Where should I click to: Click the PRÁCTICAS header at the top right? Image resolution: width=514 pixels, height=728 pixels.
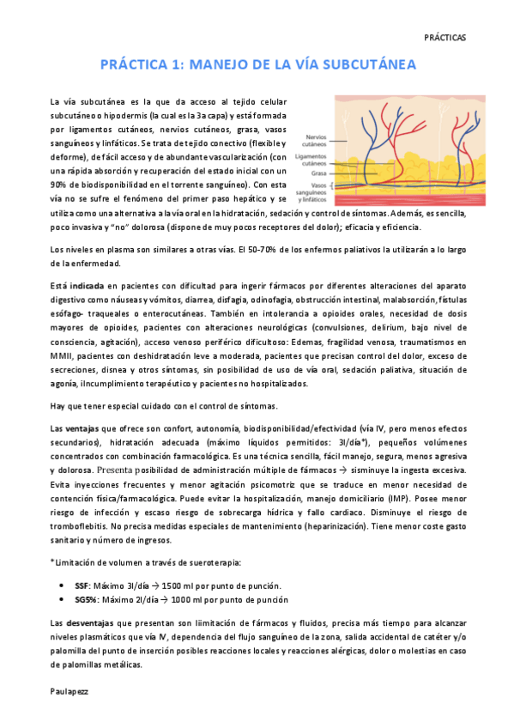tap(445, 38)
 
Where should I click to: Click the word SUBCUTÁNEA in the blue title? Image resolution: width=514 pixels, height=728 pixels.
tap(364, 64)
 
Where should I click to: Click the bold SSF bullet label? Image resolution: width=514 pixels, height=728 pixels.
tap(83, 585)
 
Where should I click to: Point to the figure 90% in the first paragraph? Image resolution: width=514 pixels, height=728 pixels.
tap(59, 185)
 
